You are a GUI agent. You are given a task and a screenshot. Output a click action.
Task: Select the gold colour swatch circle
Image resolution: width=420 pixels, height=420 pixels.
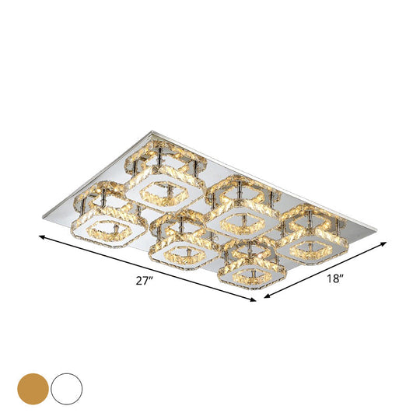(32, 387)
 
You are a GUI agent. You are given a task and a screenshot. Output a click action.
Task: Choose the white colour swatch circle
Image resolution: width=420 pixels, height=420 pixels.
(66, 387)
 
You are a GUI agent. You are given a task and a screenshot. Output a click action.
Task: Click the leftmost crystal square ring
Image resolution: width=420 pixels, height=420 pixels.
(102, 221)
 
